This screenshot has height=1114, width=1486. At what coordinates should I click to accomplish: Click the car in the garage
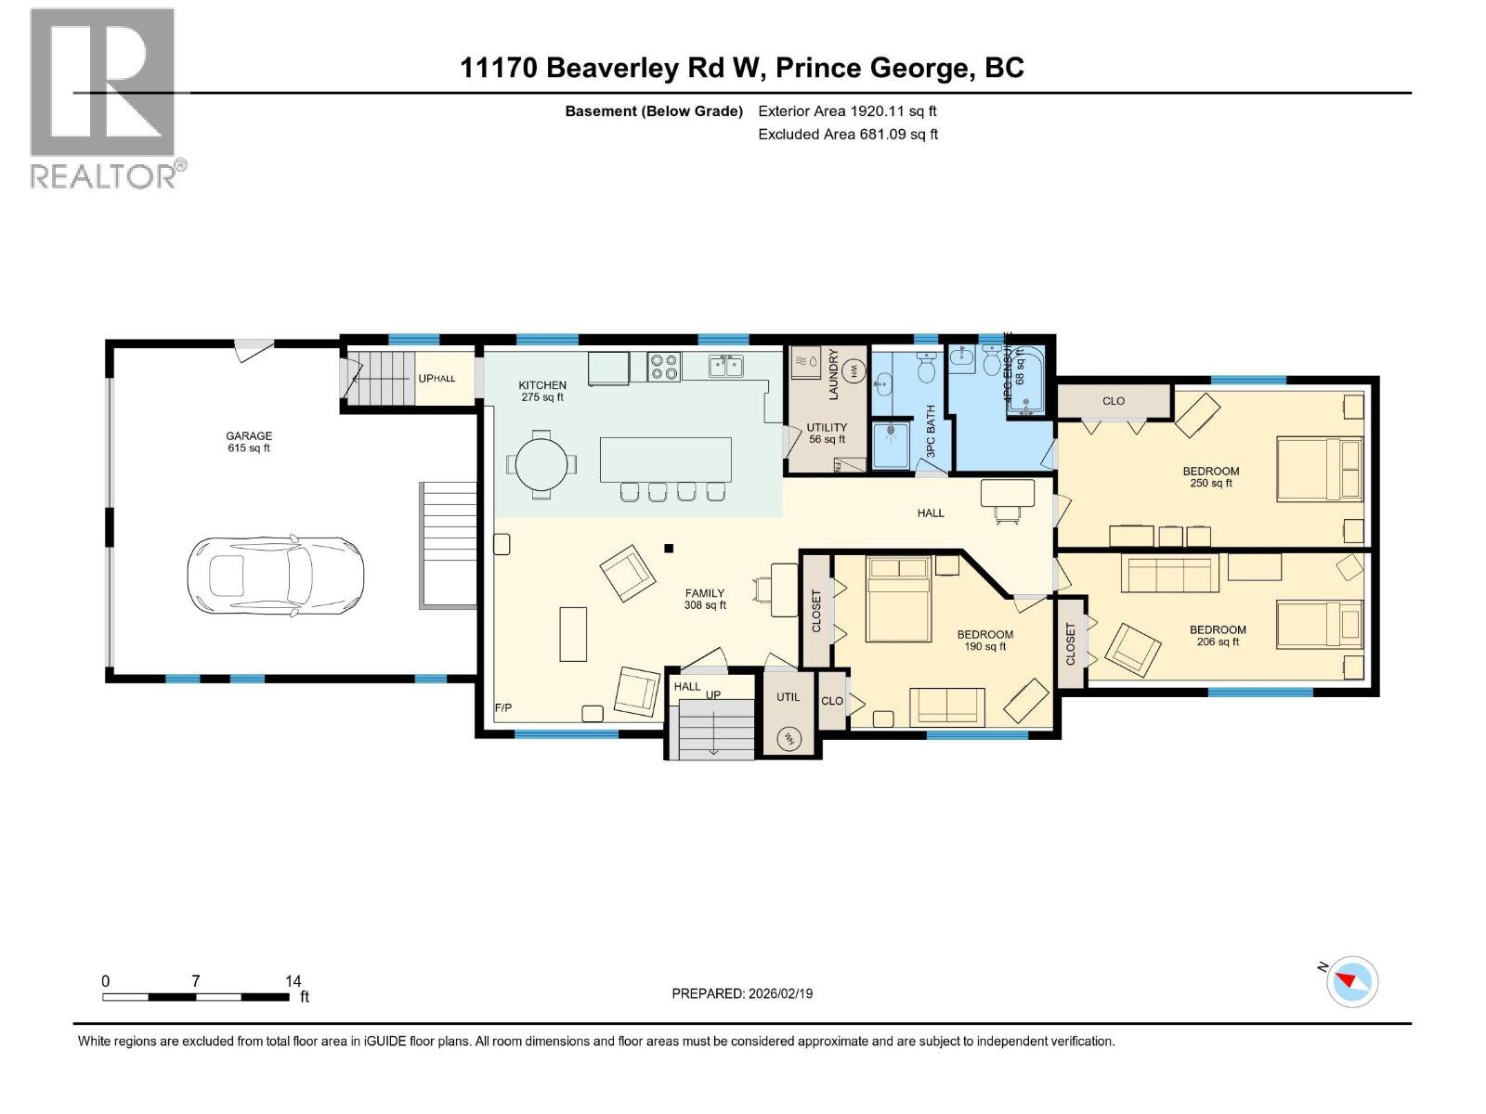coord(275,576)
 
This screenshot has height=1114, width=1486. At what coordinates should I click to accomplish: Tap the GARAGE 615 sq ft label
coord(249,442)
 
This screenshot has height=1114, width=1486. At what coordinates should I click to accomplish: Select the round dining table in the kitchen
coord(541,463)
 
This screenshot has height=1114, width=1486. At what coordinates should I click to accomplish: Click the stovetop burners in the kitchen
coord(664,367)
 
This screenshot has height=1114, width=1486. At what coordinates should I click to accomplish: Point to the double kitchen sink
coord(726,367)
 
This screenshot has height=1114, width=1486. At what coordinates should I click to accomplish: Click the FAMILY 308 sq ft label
coord(705,599)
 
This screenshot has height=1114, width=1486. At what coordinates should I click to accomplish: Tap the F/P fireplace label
coord(503,708)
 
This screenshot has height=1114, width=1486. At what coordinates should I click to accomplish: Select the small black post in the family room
coord(669,548)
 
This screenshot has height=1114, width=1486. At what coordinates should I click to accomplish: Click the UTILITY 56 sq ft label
coord(827,434)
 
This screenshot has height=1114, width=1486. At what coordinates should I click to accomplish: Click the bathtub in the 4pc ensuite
coord(1027,381)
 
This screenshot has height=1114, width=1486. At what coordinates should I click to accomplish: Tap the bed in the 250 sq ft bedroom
coord(1319,469)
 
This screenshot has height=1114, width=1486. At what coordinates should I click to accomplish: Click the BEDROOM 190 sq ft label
coord(985,641)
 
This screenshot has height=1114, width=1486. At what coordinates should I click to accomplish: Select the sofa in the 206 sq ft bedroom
coord(1169,573)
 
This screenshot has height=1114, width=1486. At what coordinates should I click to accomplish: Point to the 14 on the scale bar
coord(293,981)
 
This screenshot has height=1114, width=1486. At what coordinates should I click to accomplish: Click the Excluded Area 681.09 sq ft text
coord(848,134)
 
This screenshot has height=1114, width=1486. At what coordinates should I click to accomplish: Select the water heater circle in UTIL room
coord(789,739)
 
